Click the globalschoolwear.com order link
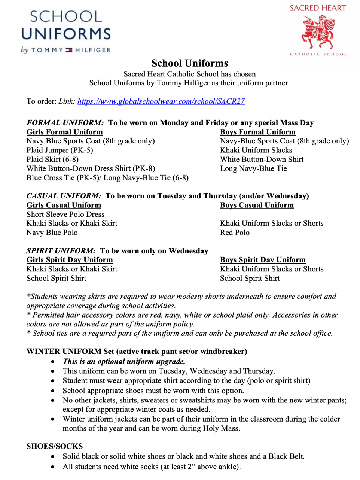point(161,101)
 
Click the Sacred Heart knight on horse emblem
point(318,32)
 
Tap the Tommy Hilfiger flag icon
point(69,50)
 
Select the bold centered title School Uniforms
point(190,63)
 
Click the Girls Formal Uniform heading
point(64,132)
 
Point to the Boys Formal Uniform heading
point(257,132)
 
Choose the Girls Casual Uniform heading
point(64,205)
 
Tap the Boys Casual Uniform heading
point(257,205)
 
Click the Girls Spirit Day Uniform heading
point(69,260)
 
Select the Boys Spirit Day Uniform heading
point(263,260)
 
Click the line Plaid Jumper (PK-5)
point(60,150)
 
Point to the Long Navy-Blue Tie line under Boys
point(253,168)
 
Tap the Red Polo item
point(235,233)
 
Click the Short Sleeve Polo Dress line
point(65,215)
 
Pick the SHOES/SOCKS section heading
point(55,446)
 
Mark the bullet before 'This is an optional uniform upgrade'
point(54,362)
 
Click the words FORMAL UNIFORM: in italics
point(65,123)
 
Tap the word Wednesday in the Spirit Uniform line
point(188,251)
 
